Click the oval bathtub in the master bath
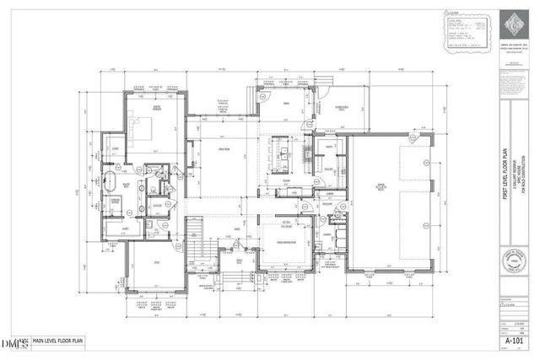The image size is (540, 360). (110, 181)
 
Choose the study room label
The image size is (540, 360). (156, 265)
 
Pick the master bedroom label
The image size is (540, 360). (155, 106)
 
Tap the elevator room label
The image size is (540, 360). (157, 205)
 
